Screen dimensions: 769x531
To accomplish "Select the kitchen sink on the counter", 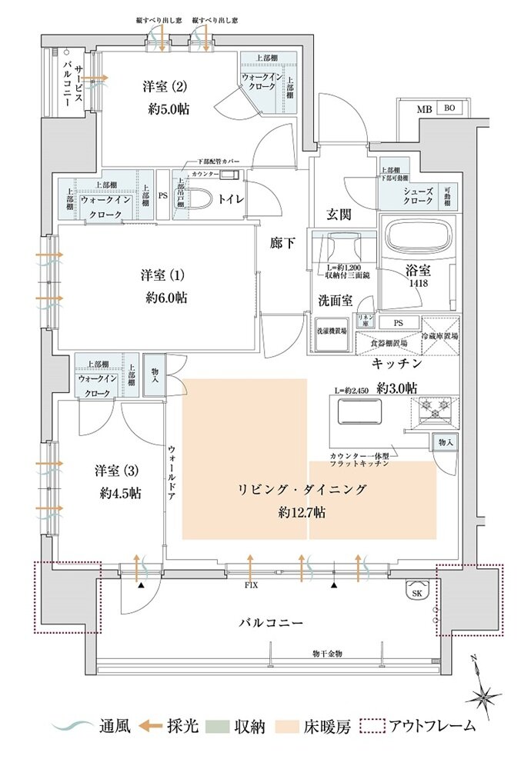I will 360,413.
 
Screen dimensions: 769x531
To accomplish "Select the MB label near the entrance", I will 424,109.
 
